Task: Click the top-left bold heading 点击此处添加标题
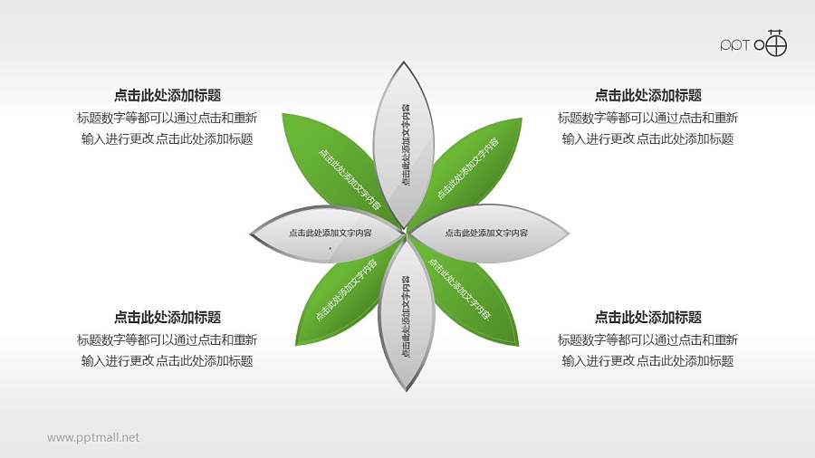pyautogui.click(x=168, y=95)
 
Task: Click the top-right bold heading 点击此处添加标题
pyautogui.click(x=647, y=95)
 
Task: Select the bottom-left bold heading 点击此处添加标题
pyautogui.click(x=168, y=318)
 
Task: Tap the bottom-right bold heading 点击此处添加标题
pyautogui.click(x=647, y=318)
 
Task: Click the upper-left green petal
pyautogui.click(x=340, y=167)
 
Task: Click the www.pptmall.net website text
pyautogui.click(x=93, y=438)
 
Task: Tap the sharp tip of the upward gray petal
pyautogui.click(x=405, y=61)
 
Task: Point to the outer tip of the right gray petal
pyautogui.click(x=570, y=234)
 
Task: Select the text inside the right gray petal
pyautogui.click(x=486, y=234)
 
